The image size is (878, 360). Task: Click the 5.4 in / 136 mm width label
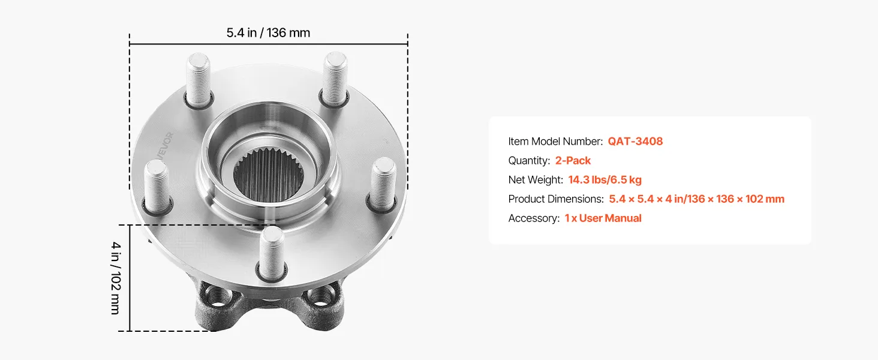pyautogui.click(x=268, y=32)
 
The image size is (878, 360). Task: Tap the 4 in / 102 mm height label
pyautogui.click(x=116, y=278)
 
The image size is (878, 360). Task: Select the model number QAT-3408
pyautogui.click(x=635, y=141)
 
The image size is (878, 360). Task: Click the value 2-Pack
pyautogui.click(x=573, y=160)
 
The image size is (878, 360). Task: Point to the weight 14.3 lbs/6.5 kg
pyautogui.click(x=605, y=179)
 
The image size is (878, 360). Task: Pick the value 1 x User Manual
pyautogui.click(x=603, y=218)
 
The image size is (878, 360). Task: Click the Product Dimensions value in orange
pyautogui.click(x=696, y=199)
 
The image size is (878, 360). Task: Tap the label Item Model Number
pyautogui.click(x=555, y=141)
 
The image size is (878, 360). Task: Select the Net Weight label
pyautogui.click(x=536, y=179)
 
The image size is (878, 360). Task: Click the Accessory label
pyautogui.click(x=534, y=218)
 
